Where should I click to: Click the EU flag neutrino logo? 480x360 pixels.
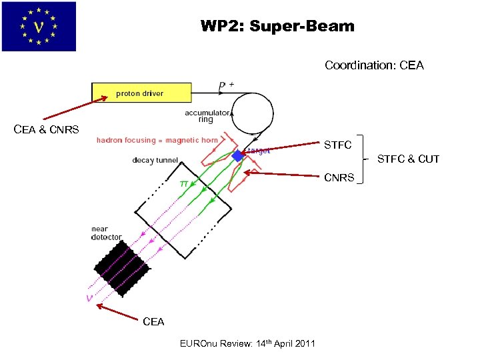pos(39,27)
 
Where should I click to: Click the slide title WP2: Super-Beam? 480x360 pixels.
pos(277,27)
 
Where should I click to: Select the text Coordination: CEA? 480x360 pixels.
pos(374,65)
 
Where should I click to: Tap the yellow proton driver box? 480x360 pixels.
pos(141,93)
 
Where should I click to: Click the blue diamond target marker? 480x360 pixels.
pos(237,156)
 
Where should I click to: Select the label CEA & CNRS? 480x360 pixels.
pos(46,129)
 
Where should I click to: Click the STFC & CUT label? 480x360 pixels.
pos(408,159)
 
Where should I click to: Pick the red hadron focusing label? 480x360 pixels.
pos(157,140)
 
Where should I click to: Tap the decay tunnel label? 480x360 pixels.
pos(155,160)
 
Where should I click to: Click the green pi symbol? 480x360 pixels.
pos(183,182)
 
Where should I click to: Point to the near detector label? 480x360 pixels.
pos(106,233)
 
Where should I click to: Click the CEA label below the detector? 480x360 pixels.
pos(153,321)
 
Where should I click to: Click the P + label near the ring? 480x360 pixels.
pos(226,85)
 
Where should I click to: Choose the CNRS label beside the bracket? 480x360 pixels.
pos(339,178)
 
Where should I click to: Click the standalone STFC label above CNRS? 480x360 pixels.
pos(337,145)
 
